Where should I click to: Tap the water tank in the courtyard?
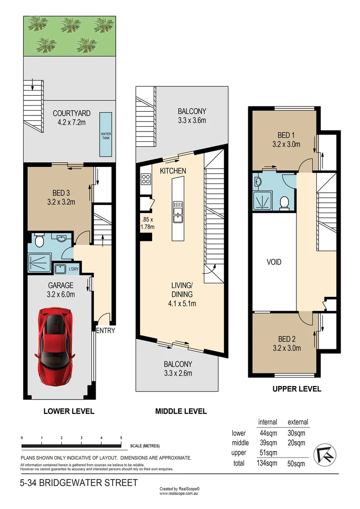pyautogui.click(x=106, y=135)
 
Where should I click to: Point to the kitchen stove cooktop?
pyautogui.click(x=145, y=179)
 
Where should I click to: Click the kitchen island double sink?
pyautogui.click(x=177, y=212)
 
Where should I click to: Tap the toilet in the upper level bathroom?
pyautogui.click(x=284, y=202)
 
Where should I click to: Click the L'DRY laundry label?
pyautogui.click(x=74, y=269)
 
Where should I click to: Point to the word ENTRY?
pyautogui.click(x=105, y=330)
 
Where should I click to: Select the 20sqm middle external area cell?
pyautogui.click(x=296, y=443)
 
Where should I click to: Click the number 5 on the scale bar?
pyautogui.click(x=121, y=438)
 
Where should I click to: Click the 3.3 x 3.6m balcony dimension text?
pyautogui.click(x=191, y=121)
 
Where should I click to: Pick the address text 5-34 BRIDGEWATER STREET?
pyautogui.click(x=79, y=483)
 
